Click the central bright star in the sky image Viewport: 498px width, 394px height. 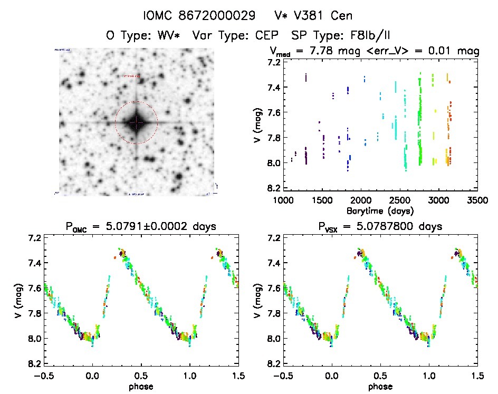[x=136, y=122]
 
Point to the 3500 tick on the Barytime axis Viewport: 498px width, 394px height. [x=477, y=200]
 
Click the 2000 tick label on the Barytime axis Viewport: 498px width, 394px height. [x=361, y=200]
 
